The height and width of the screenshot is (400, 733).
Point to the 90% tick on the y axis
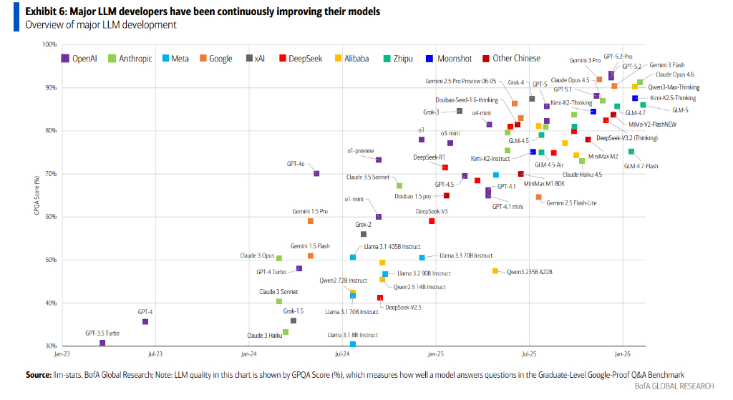[x=49, y=88]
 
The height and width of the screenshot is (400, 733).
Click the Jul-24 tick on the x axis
[x=341, y=354]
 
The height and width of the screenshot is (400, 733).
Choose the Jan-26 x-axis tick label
[x=622, y=354]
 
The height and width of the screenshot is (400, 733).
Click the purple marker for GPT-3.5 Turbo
[x=102, y=343]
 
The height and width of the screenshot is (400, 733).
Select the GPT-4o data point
[x=316, y=173]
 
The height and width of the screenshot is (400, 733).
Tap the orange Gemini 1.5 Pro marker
[x=311, y=221]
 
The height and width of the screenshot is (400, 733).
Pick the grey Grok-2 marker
[x=364, y=234]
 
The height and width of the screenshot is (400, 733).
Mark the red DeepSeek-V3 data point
[x=432, y=221]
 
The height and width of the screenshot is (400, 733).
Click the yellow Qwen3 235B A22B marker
[x=495, y=271]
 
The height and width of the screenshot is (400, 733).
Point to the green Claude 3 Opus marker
[x=279, y=258]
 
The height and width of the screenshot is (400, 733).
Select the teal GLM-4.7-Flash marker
[x=631, y=152]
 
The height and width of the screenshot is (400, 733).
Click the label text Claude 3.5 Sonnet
[x=368, y=177]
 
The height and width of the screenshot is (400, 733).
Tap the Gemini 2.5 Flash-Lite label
[x=571, y=203]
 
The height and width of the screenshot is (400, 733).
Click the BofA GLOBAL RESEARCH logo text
[x=674, y=387]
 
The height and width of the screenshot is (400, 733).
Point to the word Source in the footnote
[x=38, y=374]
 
